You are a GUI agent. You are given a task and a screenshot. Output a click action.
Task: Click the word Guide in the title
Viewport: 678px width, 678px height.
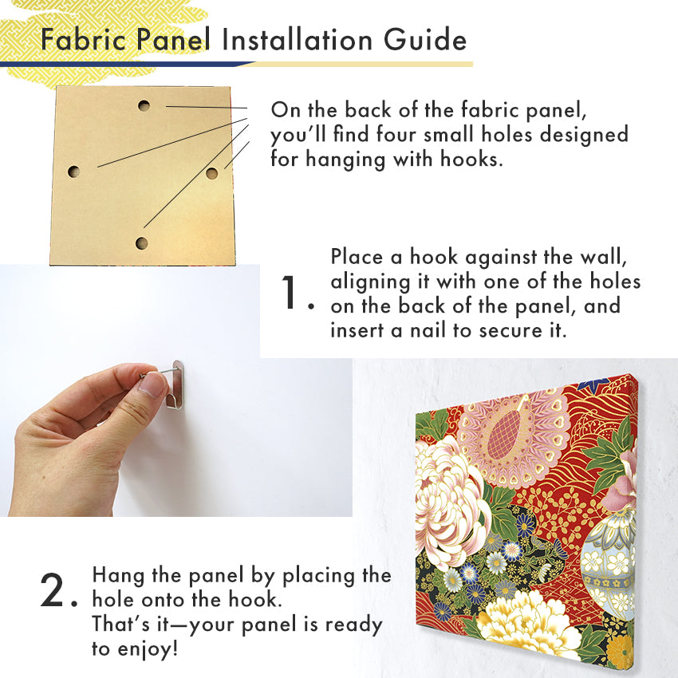click(x=425, y=40)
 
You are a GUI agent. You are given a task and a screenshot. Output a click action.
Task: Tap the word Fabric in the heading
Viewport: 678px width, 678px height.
click(x=84, y=39)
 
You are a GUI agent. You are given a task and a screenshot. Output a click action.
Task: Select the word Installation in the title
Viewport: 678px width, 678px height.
click(x=297, y=40)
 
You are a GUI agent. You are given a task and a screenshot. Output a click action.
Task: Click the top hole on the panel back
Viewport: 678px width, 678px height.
click(x=144, y=105)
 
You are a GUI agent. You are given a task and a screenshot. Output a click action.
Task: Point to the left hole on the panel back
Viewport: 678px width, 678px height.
click(x=74, y=171)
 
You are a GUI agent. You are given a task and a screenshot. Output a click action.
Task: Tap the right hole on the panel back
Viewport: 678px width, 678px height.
click(x=211, y=173)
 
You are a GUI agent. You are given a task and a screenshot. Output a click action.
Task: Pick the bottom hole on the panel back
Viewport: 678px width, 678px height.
click(x=141, y=243)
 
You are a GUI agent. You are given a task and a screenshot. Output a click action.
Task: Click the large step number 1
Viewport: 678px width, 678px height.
click(x=289, y=292)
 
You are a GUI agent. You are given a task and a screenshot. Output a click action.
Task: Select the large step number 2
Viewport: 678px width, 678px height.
click(x=52, y=589)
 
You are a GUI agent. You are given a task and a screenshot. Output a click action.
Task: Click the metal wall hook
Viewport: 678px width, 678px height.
click(x=175, y=384)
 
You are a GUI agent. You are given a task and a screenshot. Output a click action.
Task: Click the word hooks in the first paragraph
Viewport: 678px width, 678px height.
click(x=471, y=159)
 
